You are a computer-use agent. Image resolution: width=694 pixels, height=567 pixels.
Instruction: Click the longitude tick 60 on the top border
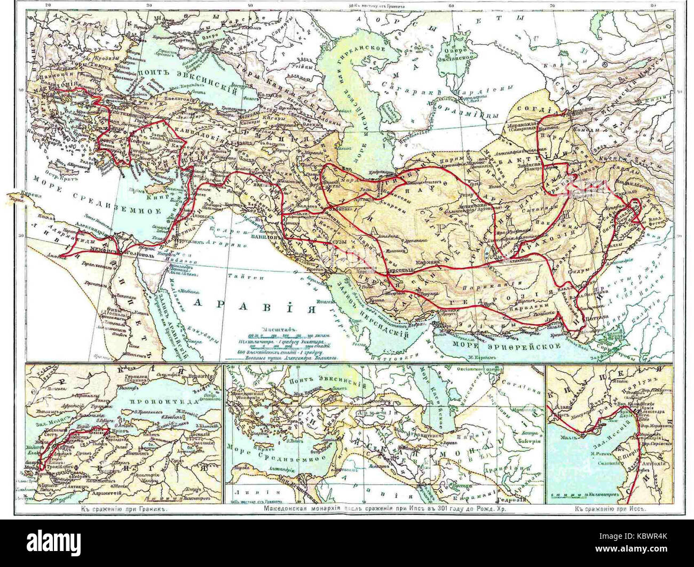coord(451,6)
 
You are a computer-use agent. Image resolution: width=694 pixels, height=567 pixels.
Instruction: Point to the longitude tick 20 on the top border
coord(49,6)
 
